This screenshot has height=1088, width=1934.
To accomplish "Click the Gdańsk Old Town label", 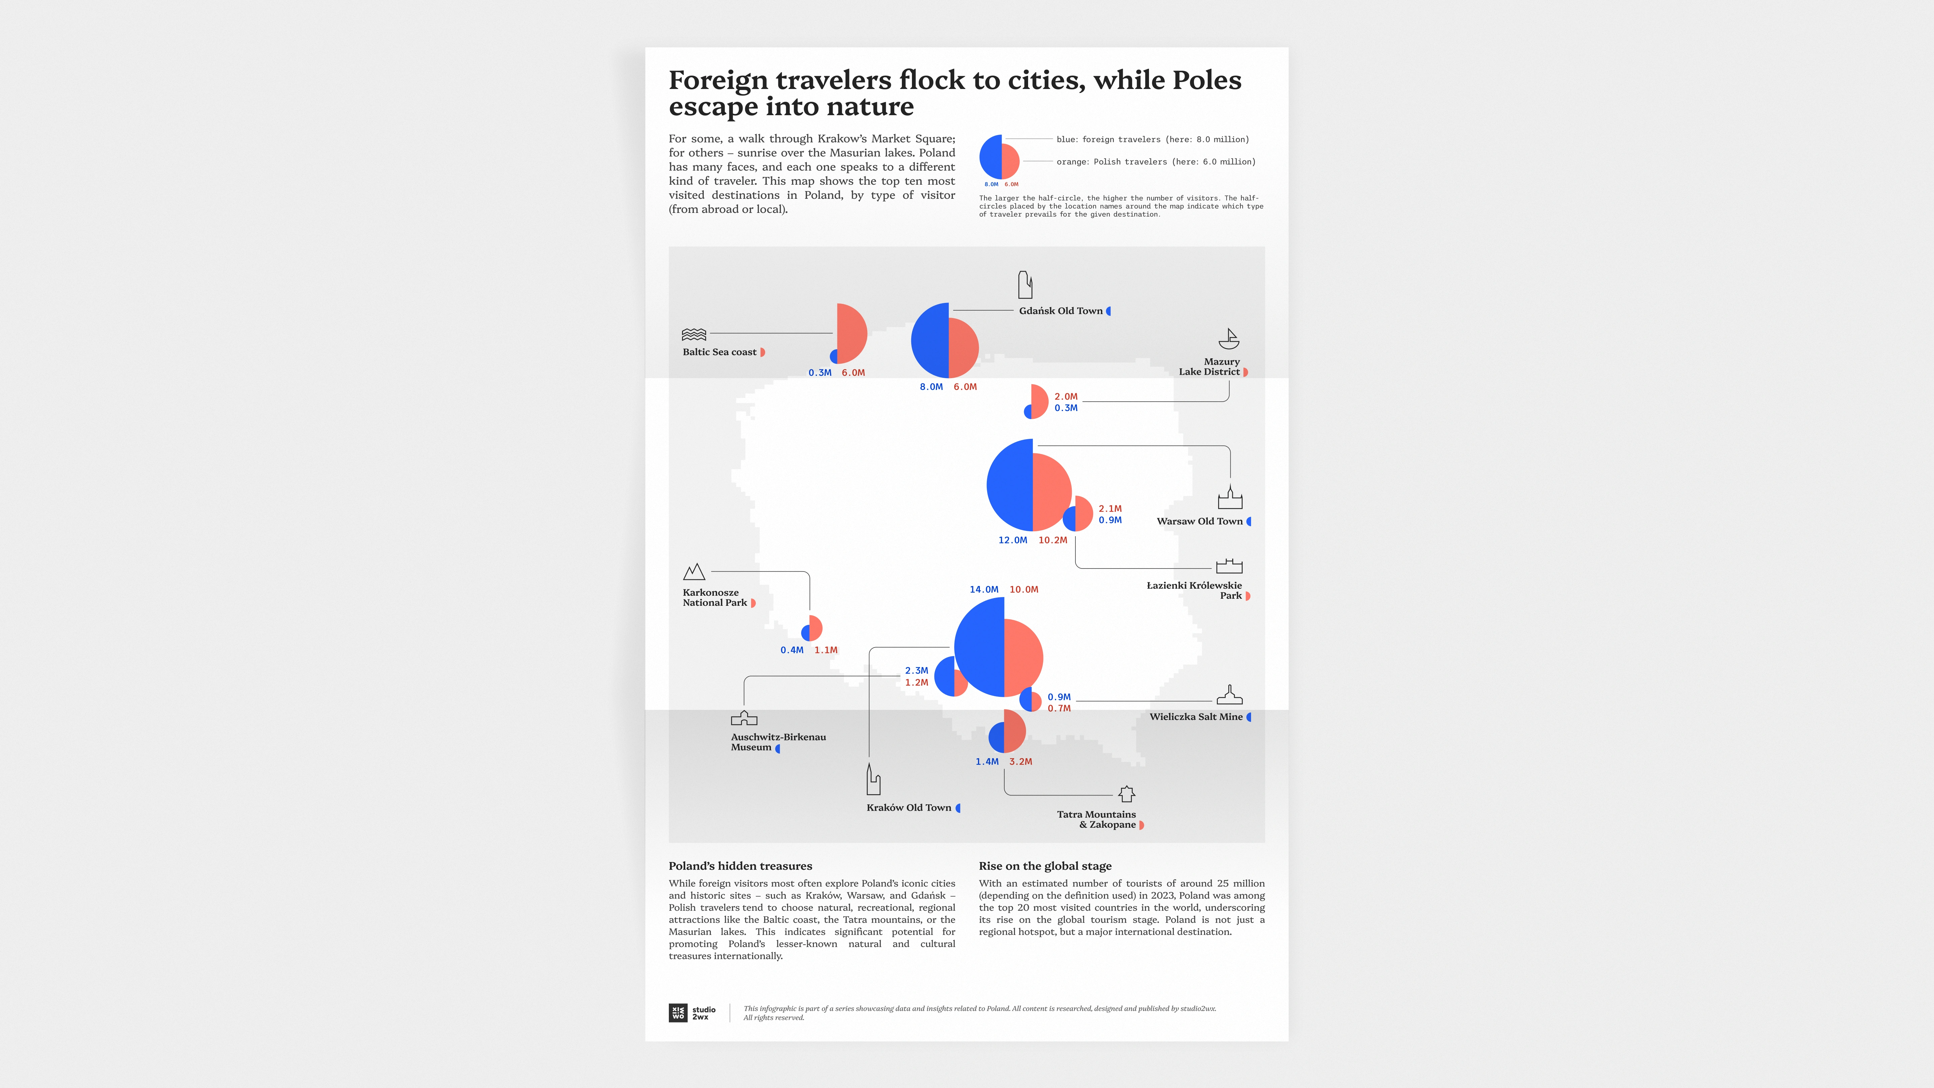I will (x=1060, y=311).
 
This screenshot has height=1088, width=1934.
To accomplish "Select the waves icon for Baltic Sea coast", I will (x=694, y=334).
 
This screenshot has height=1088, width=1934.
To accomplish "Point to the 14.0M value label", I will (x=983, y=589).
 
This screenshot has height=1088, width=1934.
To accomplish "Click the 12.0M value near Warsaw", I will (x=1012, y=540).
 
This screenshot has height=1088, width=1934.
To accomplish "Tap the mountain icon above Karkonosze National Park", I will (x=694, y=572).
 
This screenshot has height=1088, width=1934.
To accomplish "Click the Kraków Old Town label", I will (x=909, y=808).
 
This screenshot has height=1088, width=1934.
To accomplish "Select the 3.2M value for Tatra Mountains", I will (x=1020, y=761).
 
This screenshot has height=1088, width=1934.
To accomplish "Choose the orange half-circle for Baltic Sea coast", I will (x=851, y=333).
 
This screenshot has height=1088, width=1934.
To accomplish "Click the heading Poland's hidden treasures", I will (x=740, y=866).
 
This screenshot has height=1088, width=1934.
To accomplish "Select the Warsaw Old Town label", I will (x=1199, y=521).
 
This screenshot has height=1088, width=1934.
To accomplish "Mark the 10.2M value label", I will (x=1053, y=540).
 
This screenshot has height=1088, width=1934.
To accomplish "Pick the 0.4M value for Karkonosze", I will (x=791, y=650).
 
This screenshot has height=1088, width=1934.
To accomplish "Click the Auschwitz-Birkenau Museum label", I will (x=778, y=742).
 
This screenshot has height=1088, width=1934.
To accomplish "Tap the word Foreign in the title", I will (x=718, y=80).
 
